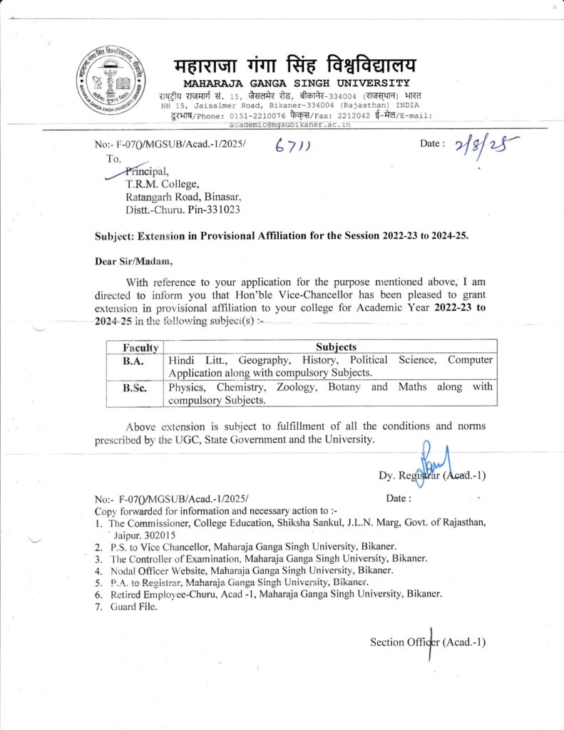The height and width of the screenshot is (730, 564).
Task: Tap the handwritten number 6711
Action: pyautogui.click(x=297, y=146)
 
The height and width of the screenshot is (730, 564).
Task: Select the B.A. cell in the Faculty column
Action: pyautogui.click(x=133, y=361)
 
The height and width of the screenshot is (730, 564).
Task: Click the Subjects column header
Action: pyautogui.click(x=336, y=346)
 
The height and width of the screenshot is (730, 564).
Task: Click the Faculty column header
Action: pyautogui.click(x=140, y=347)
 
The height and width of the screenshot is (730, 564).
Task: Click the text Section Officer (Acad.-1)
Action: pyautogui.click(x=428, y=642)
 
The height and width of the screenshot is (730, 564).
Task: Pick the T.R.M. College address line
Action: pyautogui.click(x=158, y=184)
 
